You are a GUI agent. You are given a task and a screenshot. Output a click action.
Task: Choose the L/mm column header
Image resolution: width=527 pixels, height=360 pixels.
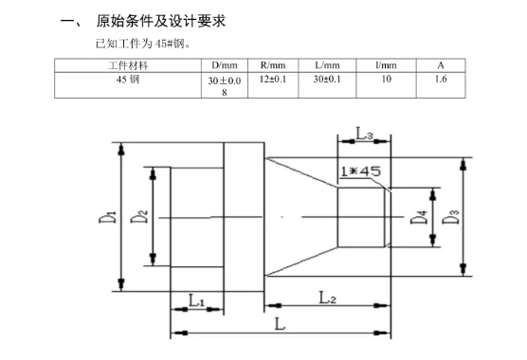[x=327, y=65]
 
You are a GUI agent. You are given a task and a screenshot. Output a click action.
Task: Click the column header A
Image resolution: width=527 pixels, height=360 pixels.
[x=441, y=65]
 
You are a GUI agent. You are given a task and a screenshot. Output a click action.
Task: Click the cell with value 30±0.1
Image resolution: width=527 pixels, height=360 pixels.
[x=327, y=80]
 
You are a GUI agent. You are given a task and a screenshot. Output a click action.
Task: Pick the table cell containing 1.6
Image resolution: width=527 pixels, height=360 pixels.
[x=441, y=80]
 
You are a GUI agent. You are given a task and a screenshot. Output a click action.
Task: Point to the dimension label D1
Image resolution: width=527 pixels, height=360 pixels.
[x=111, y=216]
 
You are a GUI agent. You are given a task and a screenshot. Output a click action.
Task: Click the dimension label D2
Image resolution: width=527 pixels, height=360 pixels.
[x=139, y=216]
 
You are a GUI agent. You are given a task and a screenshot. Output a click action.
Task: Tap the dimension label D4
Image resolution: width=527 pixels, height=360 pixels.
[x=418, y=218]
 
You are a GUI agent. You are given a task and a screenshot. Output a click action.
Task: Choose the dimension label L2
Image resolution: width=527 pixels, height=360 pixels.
[x=328, y=297]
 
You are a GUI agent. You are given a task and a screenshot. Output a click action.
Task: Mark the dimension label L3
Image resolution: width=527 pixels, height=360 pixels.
[x=364, y=135]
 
